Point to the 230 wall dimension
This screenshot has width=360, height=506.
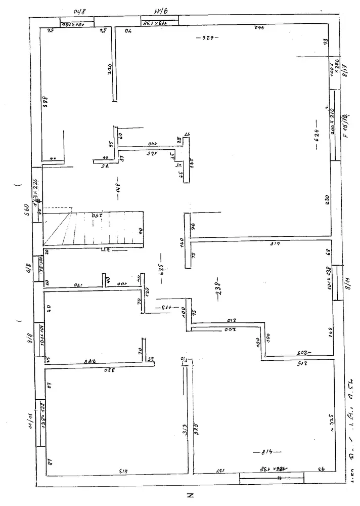click(x=327, y=200)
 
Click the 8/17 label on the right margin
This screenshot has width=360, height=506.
click(x=345, y=69)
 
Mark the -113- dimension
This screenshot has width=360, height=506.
click(x=167, y=307)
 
